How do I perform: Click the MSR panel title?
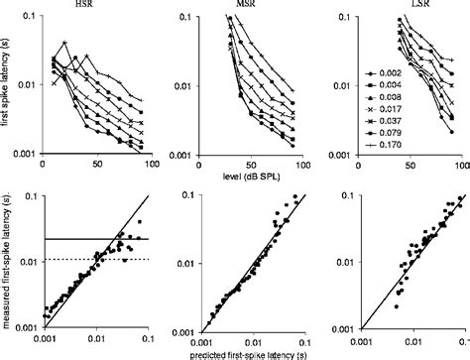pos(242,6)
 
